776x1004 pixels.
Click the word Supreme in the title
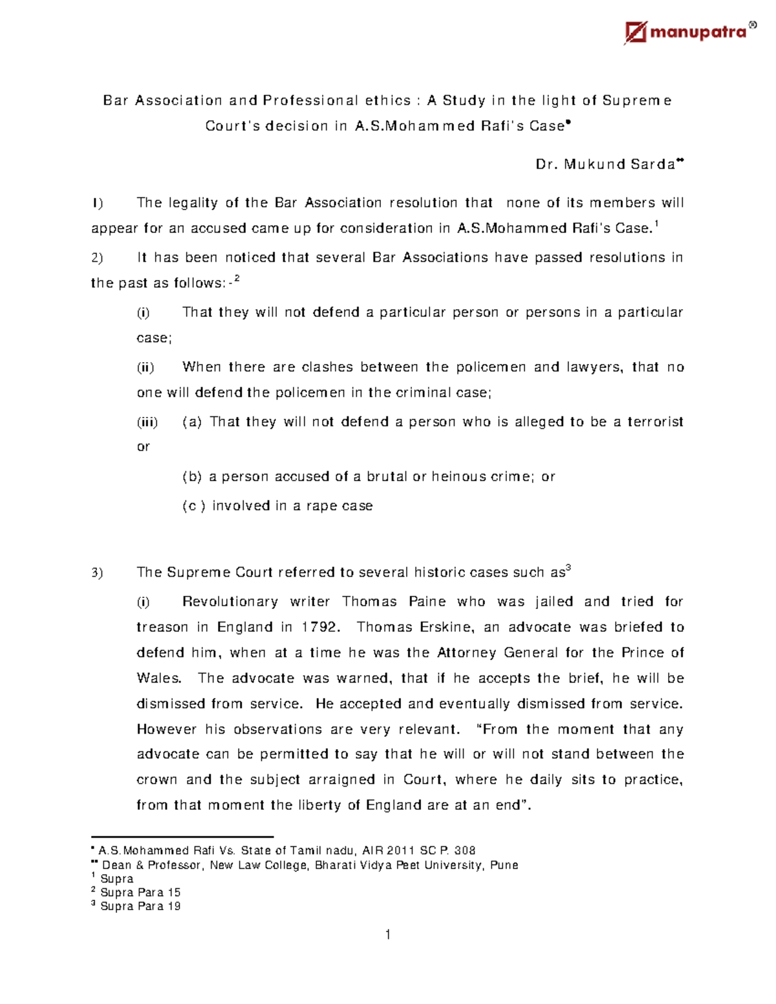tap(637, 100)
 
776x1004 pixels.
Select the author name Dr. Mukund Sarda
tap(605, 164)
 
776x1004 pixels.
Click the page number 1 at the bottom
tap(387, 934)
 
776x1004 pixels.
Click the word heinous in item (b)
tap(458, 476)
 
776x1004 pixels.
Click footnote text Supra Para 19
tap(140, 906)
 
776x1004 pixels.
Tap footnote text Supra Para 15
tap(140, 893)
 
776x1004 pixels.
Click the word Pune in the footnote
tap(504, 865)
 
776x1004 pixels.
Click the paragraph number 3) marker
tap(97, 573)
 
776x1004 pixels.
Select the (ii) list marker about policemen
tap(145, 367)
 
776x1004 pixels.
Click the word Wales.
tap(158, 678)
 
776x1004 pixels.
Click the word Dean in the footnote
tap(116, 865)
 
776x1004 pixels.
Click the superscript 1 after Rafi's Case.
tap(656, 224)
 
